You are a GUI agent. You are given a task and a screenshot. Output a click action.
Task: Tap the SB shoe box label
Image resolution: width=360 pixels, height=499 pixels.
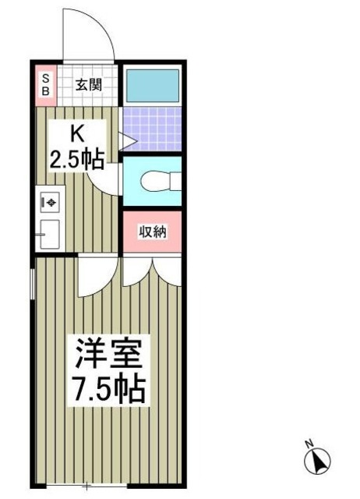[45, 84]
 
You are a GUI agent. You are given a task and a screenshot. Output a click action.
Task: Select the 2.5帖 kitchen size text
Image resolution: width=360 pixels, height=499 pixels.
[77, 160]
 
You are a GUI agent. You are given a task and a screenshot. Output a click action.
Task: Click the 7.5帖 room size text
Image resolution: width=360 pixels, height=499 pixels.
[108, 388]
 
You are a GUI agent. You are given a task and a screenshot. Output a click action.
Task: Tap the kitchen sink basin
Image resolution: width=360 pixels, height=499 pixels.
[50, 232]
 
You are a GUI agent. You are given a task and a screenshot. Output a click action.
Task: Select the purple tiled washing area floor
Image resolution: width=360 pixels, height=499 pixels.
[153, 128]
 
